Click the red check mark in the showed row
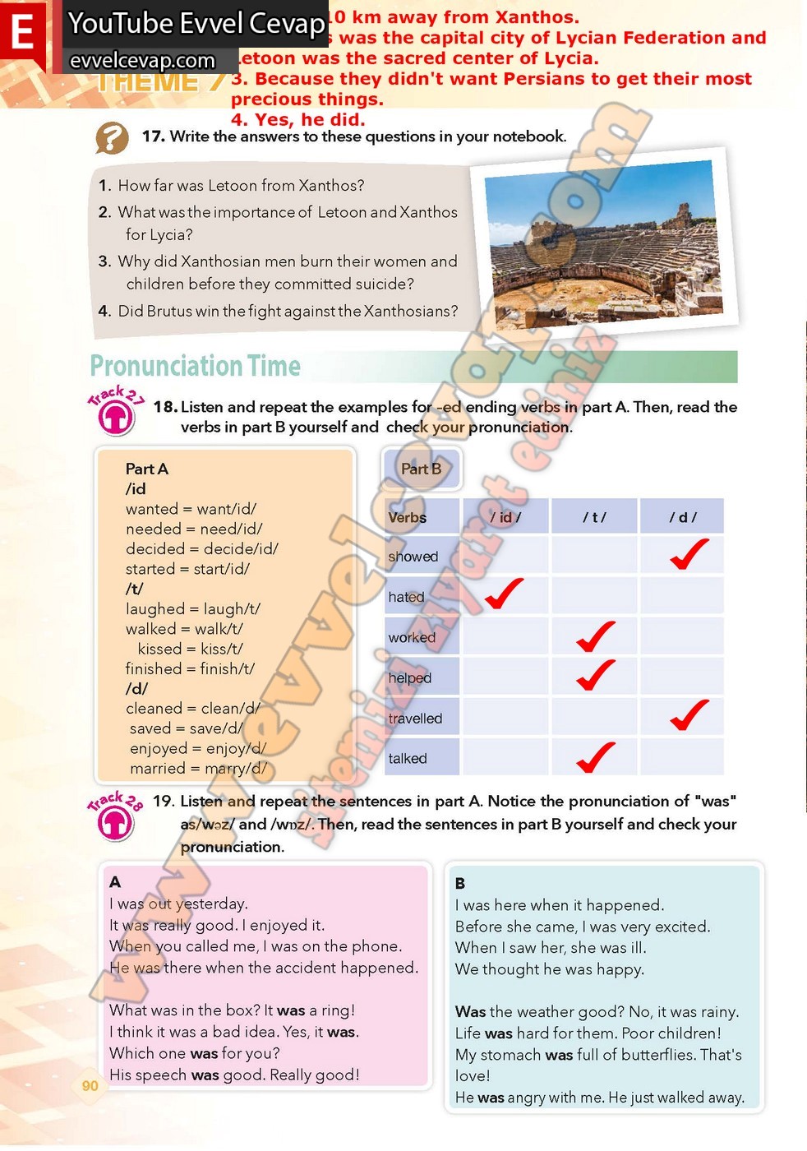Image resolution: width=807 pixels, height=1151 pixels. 689,554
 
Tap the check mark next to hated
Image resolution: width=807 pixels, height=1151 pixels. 504,594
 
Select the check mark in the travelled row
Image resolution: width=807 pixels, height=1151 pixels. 689,715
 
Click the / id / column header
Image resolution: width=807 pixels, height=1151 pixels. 505,517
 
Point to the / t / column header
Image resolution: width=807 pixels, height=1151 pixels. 594,517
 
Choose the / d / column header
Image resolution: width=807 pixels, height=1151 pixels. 682,517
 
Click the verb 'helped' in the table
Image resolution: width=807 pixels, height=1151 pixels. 410,678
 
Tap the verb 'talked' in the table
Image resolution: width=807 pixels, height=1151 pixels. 408,759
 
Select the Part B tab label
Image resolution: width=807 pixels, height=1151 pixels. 422,469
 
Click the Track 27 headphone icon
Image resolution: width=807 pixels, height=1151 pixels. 116,417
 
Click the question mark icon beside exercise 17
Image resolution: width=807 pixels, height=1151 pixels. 113,138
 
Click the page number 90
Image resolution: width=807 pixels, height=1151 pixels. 90,1085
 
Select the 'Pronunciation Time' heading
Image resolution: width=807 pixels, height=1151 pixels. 196,366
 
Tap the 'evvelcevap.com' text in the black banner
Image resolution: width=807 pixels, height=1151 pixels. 143,61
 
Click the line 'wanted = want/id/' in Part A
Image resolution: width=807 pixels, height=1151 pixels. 191,509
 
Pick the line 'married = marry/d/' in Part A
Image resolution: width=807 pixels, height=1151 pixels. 198,769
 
